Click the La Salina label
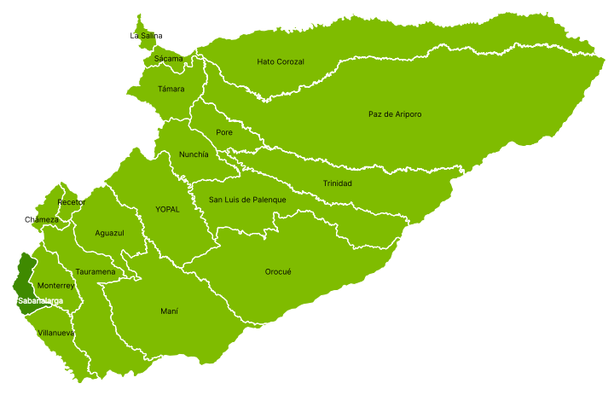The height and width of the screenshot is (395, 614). (x=146, y=36)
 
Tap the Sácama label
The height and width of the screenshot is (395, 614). (x=168, y=59)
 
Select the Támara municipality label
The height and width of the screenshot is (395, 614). (x=171, y=89)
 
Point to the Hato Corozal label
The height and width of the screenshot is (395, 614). (x=281, y=61)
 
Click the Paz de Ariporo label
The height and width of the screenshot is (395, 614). (x=395, y=114)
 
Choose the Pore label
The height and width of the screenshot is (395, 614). (x=224, y=132)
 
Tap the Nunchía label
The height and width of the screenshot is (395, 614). (x=194, y=154)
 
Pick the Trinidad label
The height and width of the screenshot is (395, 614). (x=338, y=183)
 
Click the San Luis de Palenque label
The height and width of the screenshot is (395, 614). (x=248, y=200)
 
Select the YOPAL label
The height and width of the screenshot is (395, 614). (x=167, y=209)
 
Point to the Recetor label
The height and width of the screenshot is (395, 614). (x=72, y=202)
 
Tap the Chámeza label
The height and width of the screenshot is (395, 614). (x=42, y=220)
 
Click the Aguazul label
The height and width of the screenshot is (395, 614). (x=110, y=233)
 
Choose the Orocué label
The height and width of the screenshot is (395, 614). (x=278, y=271)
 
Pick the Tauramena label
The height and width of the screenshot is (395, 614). (x=96, y=272)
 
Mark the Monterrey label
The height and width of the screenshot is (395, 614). (x=56, y=286)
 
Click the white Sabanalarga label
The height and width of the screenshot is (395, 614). (x=40, y=301)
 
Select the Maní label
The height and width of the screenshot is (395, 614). (x=169, y=311)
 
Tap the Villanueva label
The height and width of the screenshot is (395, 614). (x=56, y=333)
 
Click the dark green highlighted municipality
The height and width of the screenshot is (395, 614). (x=24, y=277)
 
